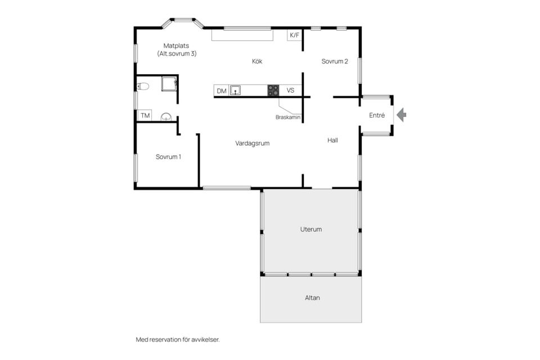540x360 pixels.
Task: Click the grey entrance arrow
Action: click(402, 115)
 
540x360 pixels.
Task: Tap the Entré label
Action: click(377, 115)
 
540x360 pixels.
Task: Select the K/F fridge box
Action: click(294, 35)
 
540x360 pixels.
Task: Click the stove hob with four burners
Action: click(273, 90)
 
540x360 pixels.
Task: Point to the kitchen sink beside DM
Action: click(235, 91)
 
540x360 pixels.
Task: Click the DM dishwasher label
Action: click(222, 91)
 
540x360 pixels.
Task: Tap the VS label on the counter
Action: click(290, 90)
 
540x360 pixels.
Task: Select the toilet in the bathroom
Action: click(143, 86)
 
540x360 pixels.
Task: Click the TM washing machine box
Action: click(145, 115)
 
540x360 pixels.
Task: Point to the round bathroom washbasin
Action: click(166, 117)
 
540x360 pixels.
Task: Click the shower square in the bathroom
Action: click(169, 84)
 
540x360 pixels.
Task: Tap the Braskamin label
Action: click(288, 117)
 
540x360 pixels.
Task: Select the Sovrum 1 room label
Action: click(168, 157)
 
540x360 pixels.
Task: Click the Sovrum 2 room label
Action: click(335, 61)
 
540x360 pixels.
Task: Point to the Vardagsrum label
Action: click(253, 143)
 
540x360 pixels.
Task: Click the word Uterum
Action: click(311, 229)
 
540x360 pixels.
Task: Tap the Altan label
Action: click(312, 298)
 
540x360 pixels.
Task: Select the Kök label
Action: click(257, 61)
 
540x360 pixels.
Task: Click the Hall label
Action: click(332, 140)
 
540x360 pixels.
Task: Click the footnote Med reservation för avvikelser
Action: click(178, 340)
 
